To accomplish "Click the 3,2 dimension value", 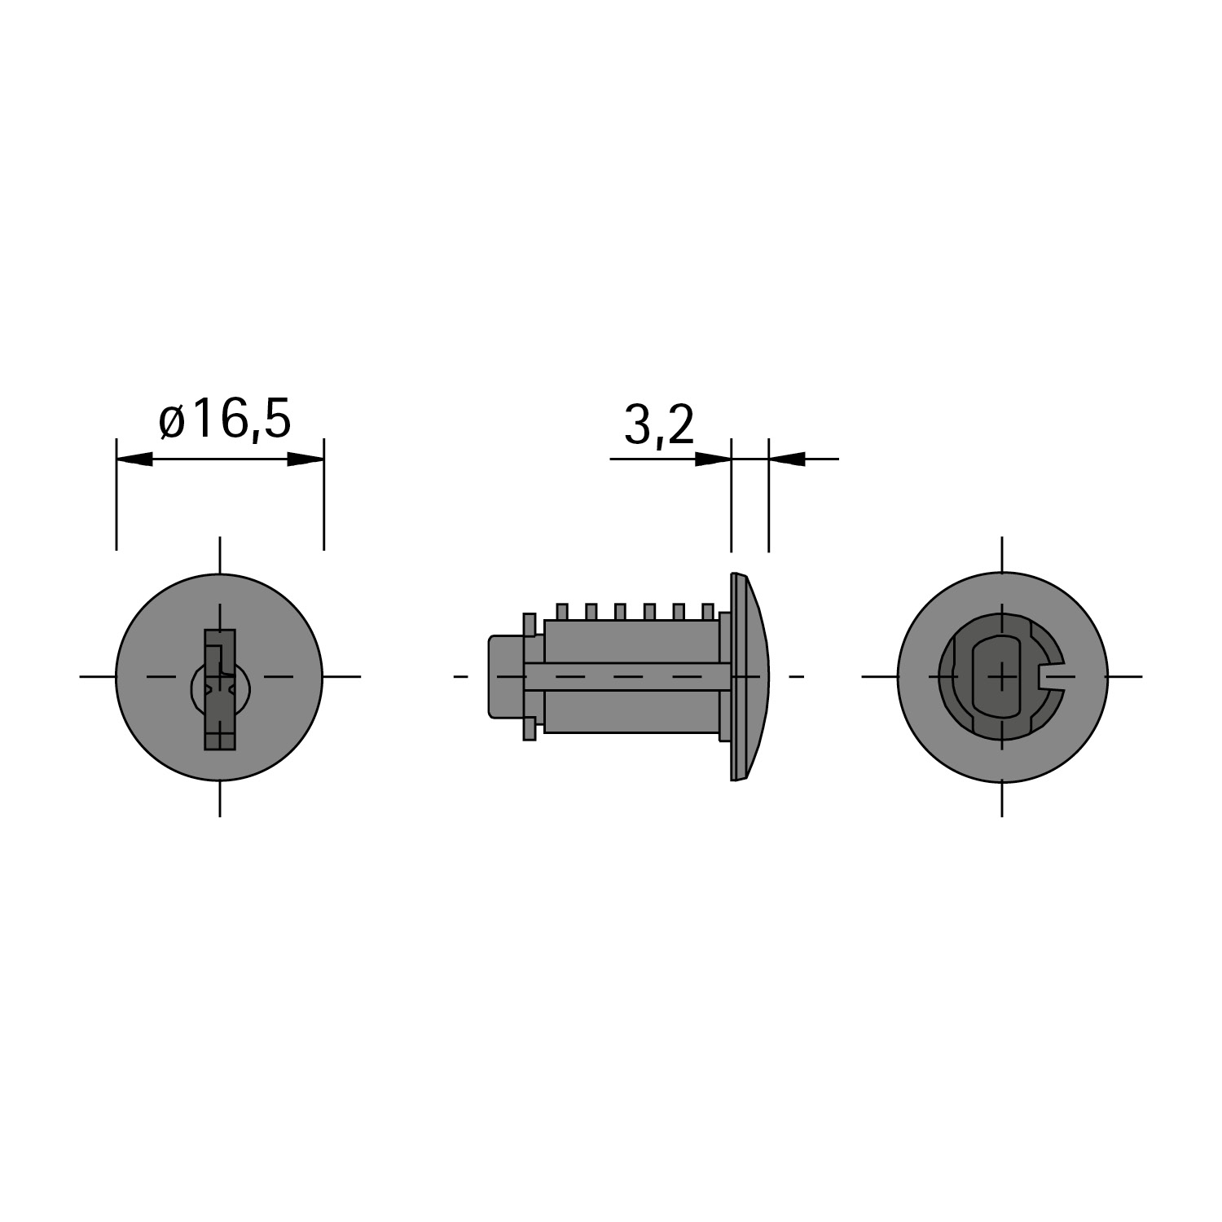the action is tap(659, 425).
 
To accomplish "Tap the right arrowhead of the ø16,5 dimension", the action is tap(305, 459).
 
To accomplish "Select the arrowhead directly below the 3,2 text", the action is tap(714, 459).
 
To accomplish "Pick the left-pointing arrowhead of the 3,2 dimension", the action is tap(787, 459).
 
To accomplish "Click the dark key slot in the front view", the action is tap(219, 689).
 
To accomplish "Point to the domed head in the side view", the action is tap(749, 677).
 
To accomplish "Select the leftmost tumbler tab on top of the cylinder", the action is tap(561, 612).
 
